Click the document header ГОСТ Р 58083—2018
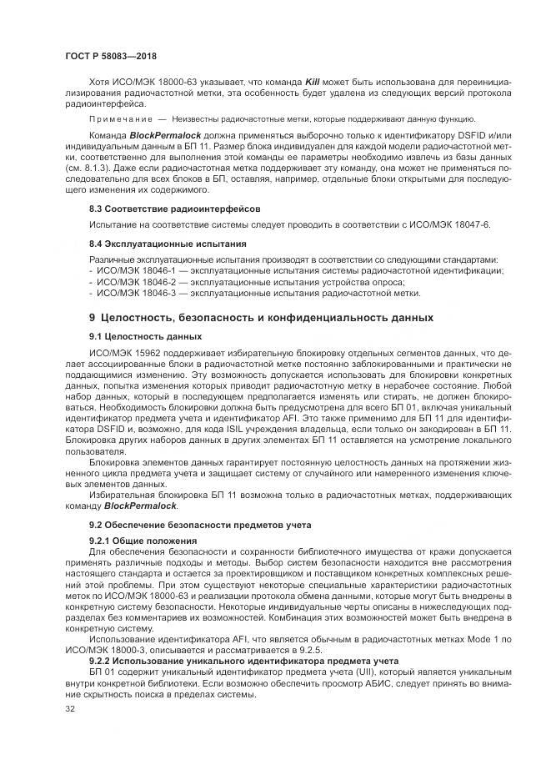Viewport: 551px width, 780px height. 110,56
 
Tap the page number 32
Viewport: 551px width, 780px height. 69,709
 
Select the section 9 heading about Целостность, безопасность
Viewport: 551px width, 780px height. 261,318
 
